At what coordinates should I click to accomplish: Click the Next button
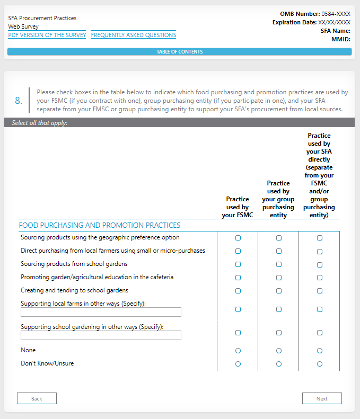[x=322, y=398]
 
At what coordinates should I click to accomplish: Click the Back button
[x=37, y=398]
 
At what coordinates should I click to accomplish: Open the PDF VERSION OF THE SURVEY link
[x=47, y=35]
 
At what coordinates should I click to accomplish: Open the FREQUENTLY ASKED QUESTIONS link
[x=134, y=35]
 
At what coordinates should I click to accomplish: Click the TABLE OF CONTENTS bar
[x=179, y=52]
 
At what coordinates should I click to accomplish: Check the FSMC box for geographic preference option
[x=238, y=238]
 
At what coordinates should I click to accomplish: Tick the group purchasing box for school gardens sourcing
[x=279, y=264]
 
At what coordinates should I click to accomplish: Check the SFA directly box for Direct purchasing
[x=320, y=251]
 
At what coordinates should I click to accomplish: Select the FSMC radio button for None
[x=238, y=351]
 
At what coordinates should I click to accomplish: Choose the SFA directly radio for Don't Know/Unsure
[x=320, y=364]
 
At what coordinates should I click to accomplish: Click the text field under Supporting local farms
[x=101, y=312]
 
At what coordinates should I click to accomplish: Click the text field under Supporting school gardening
[x=101, y=335]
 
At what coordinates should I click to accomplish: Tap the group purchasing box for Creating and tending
[x=279, y=291]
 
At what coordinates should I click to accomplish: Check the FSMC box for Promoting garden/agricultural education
[x=238, y=278]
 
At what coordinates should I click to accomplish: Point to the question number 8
[x=19, y=101]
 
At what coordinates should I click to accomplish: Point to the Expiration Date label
[x=294, y=22]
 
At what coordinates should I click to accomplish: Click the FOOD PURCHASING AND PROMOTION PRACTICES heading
[x=99, y=225]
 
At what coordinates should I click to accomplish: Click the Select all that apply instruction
[x=39, y=123]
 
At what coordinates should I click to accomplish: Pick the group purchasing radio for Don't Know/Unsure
[x=279, y=364]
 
